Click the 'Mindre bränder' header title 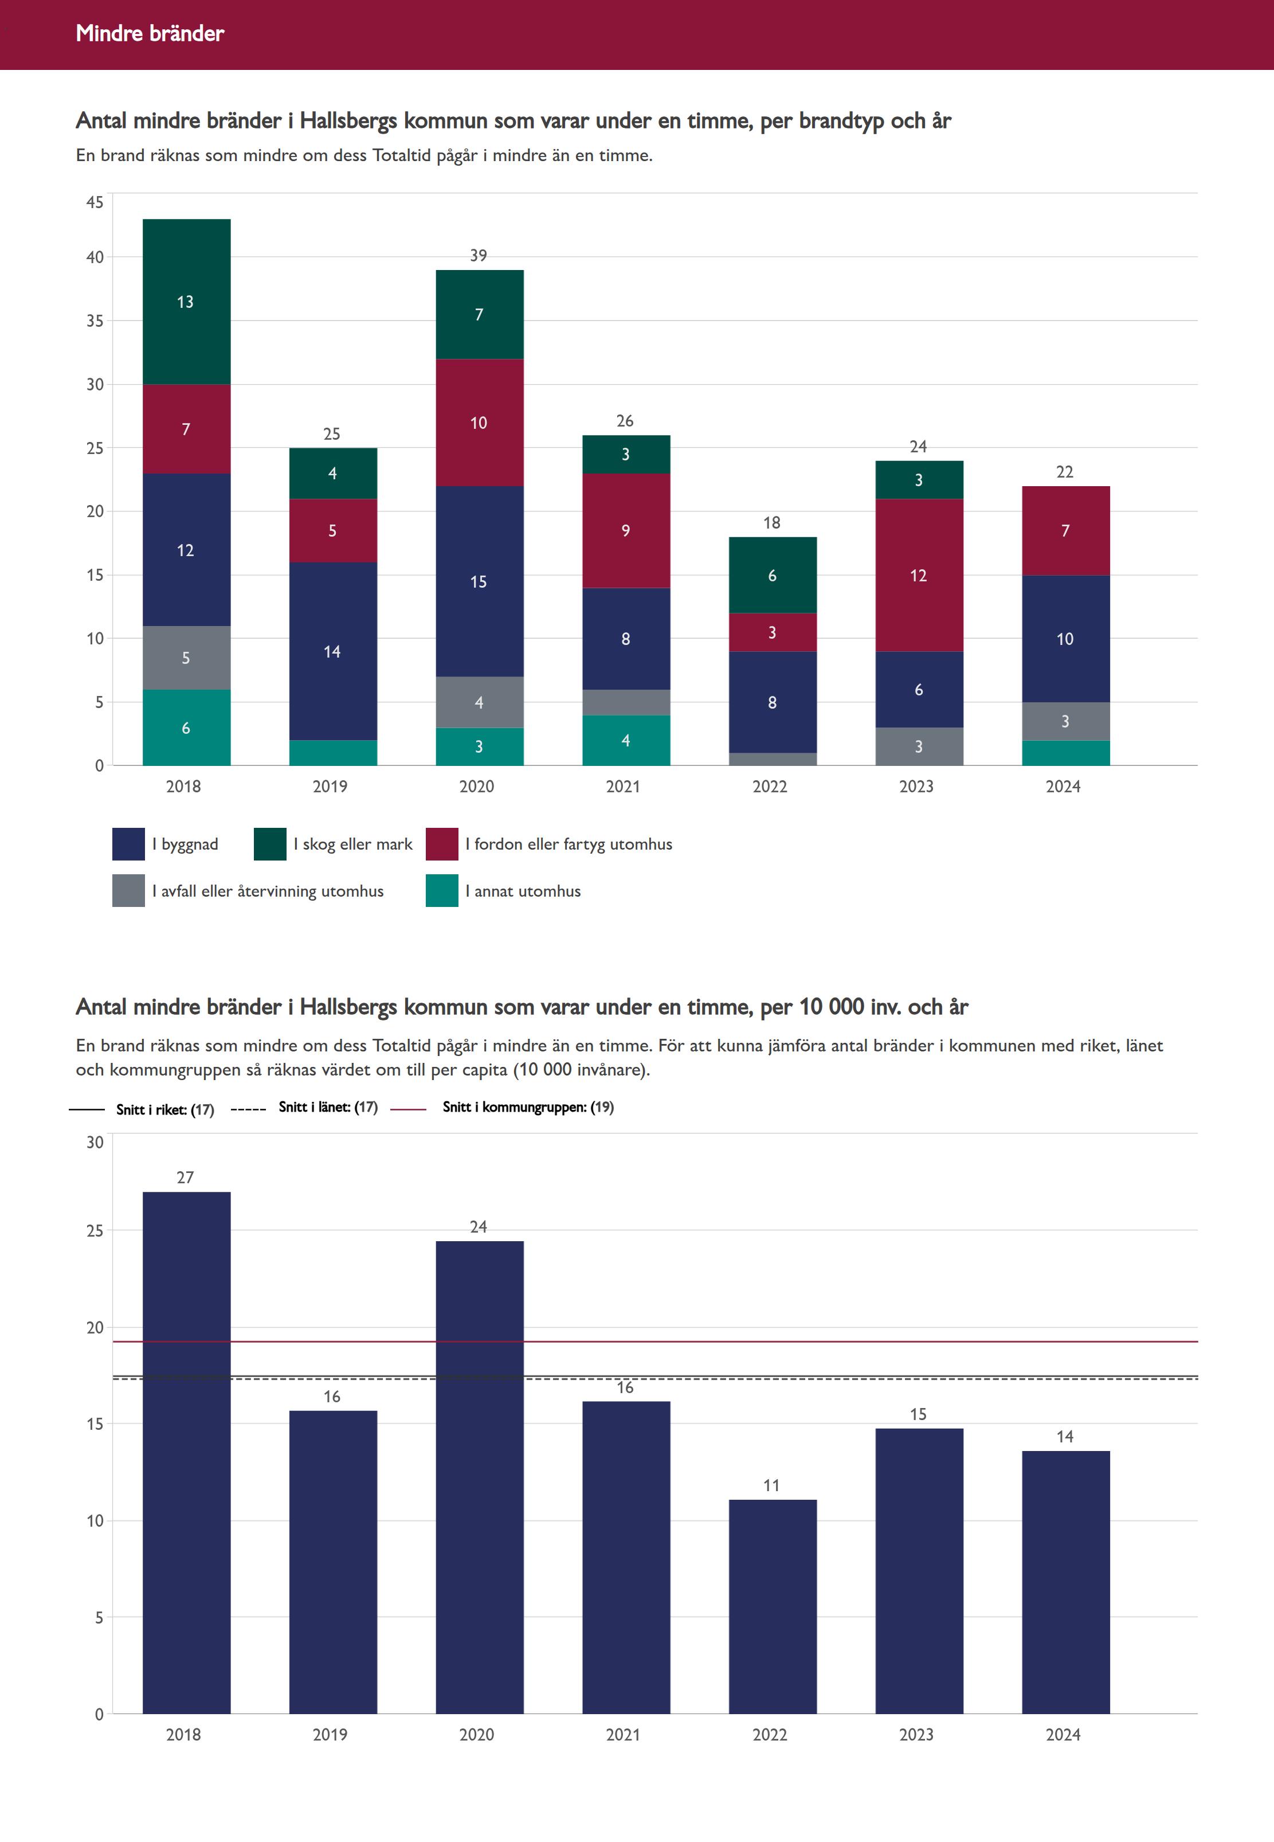pyautogui.click(x=150, y=33)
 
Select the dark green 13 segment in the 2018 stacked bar pyautogui.click(x=186, y=302)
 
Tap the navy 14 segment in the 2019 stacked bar pyautogui.click(x=333, y=651)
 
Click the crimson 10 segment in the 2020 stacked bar pyautogui.click(x=479, y=423)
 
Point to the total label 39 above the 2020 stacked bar pyautogui.click(x=478, y=256)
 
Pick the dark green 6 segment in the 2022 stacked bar pyautogui.click(x=772, y=575)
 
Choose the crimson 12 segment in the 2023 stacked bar pyautogui.click(x=919, y=575)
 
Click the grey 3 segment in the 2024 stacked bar pyautogui.click(x=1065, y=721)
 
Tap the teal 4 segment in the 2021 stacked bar pyautogui.click(x=626, y=740)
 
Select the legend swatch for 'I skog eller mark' pyautogui.click(x=270, y=844)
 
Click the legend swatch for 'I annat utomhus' pyautogui.click(x=441, y=891)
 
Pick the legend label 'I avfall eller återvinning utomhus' pyautogui.click(x=268, y=891)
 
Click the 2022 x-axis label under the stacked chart pyautogui.click(x=770, y=787)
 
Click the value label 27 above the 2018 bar pyautogui.click(x=185, y=1178)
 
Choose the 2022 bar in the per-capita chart pyautogui.click(x=772, y=1605)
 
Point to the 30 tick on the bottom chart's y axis pyautogui.click(x=95, y=1143)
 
